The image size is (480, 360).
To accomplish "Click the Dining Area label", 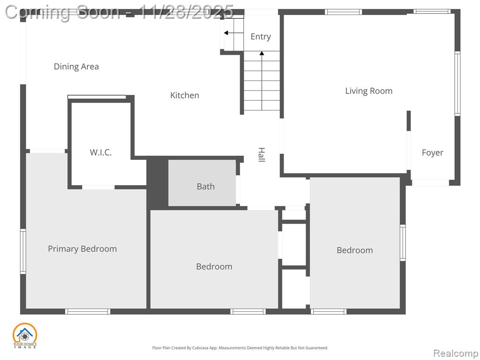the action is [76, 67].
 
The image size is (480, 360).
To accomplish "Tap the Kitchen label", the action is [185, 95].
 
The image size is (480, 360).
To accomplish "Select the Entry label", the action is [261, 37].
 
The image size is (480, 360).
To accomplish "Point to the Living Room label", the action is [368, 91].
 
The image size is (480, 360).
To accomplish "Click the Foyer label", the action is [432, 152].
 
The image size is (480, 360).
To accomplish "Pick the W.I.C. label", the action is [101, 152].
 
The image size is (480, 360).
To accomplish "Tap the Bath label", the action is [205, 187].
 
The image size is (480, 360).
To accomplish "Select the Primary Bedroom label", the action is [82, 249].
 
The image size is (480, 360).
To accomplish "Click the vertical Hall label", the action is [261, 155].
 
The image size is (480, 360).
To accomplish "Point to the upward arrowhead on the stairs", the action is [262, 53].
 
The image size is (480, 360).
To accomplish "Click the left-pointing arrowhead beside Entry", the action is [226, 33].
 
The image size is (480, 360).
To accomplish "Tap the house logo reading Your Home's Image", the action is [24, 336].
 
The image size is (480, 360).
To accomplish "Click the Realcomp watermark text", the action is [456, 353].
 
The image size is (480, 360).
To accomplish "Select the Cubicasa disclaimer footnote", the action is [240, 348].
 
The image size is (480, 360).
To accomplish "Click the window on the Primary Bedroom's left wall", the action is [23, 251].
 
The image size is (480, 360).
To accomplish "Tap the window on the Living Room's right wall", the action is [457, 83].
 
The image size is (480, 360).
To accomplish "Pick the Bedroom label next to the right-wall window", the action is [355, 250].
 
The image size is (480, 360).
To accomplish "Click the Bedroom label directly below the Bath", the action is [214, 267].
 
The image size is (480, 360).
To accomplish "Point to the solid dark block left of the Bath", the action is [157, 184].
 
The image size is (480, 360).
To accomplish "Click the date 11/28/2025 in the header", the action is [186, 12].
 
